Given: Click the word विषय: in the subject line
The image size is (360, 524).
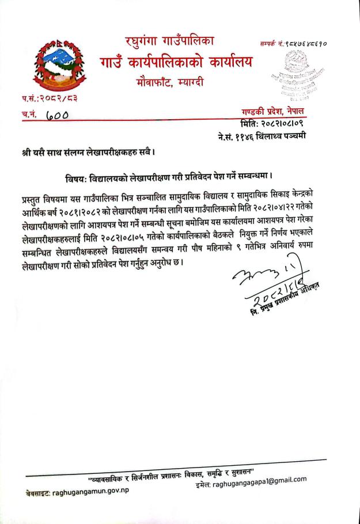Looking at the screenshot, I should tap(78, 174).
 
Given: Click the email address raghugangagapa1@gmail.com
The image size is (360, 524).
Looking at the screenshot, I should tap(251, 481).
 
